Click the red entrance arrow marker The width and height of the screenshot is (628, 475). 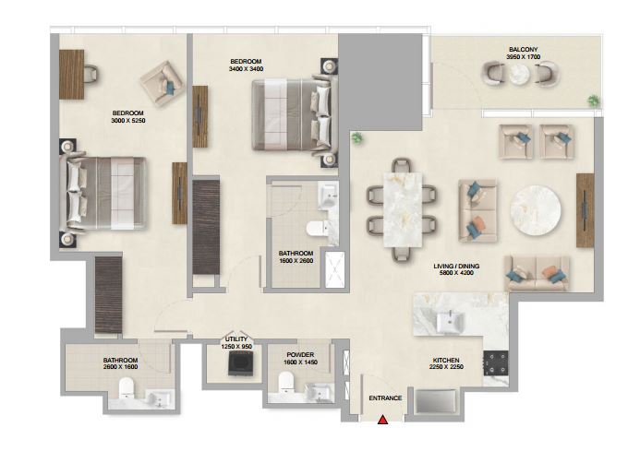pos(383,420)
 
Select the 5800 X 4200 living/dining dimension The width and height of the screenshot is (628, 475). pos(456,273)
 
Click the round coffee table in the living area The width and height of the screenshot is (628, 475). pos(536,210)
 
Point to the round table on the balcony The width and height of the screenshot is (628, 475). pos(519,74)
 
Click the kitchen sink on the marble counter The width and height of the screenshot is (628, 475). pos(450,321)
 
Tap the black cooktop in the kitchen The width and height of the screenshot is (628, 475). pos(496,363)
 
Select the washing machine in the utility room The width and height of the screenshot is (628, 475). pos(241,363)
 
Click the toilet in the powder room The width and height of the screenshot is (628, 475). pos(286,383)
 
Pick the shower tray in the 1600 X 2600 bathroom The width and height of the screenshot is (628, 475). pos(335,269)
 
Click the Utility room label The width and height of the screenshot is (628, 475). pos(236,339)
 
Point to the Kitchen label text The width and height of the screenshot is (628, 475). pos(446,361)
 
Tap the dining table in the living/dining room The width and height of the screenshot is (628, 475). pos(403,210)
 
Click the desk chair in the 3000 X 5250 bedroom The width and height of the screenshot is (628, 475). pos(91,74)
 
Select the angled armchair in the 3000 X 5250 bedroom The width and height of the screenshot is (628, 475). pos(163,84)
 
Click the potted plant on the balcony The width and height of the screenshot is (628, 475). pos(594,101)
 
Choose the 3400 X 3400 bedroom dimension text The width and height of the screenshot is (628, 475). pos(246,69)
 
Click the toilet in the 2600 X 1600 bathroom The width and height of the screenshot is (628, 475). pos(127,388)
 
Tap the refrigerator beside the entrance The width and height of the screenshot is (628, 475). pos(436,401)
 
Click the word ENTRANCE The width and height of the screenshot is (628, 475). pos(385,398)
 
